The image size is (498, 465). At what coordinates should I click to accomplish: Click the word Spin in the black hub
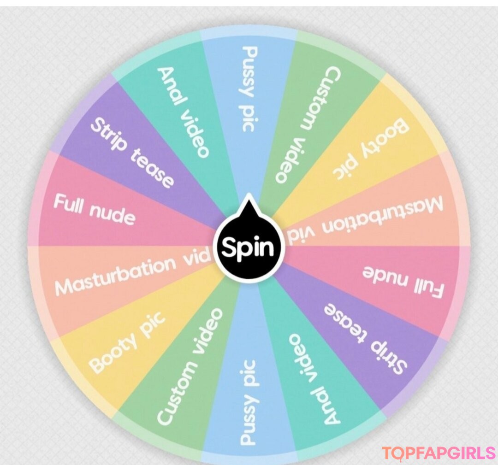(248, 247)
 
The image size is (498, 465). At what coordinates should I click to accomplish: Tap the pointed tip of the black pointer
(249, 194)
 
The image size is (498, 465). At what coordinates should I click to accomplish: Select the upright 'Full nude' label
(94, 210)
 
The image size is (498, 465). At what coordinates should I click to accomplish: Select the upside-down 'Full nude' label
(403, 282)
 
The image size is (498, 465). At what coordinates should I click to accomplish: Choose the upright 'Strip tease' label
(132, 153)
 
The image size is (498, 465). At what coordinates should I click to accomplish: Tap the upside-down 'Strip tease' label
(365, 339)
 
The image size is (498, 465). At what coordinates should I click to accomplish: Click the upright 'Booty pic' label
(127, 341)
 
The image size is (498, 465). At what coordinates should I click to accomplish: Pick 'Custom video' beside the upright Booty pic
(190, 366)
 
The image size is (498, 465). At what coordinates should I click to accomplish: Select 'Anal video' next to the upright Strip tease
(184, 112)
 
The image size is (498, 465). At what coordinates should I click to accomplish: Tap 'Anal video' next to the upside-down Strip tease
(314, 379)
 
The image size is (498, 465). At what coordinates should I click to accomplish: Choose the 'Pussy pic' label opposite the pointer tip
(248, 402)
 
